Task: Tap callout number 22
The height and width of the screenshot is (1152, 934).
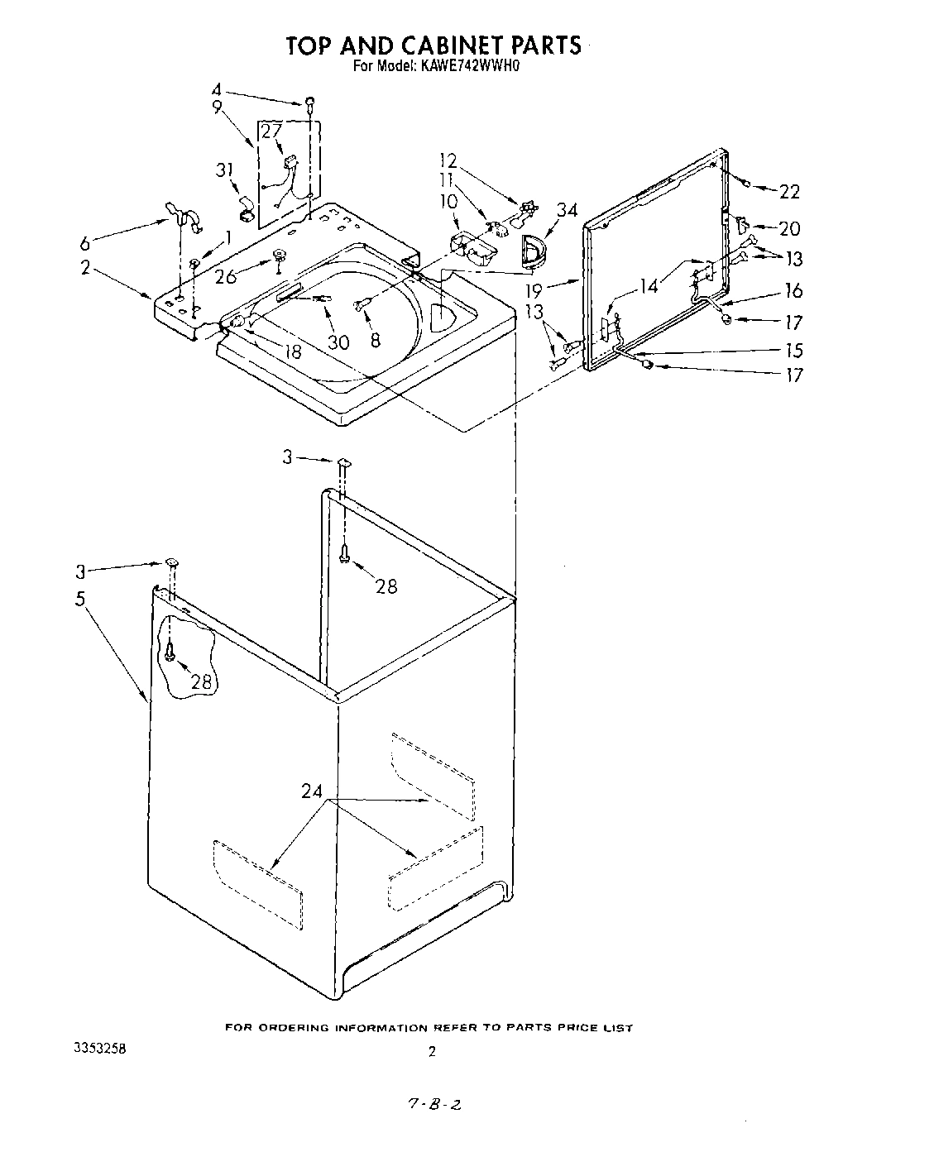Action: pyautogui.click(x=789, y=192)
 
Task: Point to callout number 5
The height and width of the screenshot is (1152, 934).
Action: pyautogui.click(x=80, y=599)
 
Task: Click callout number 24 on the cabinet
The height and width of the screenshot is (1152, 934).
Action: pyautogui.click(x=312, y=791)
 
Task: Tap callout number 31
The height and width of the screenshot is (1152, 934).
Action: pyautogui.click(x=224, y=170)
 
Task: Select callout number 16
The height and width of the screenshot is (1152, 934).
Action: pyautogui.click(x=793, y=291)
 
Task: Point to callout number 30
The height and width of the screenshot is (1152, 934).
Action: pyautogui.click(x=338, y=342)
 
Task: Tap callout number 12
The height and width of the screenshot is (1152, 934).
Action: pyautogui.click(x=448, y=160)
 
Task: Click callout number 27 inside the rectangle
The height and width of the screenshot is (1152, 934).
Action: pyautogui.click(x=271, y=131)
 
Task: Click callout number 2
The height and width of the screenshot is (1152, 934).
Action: pyautogui.click(x=86, y=267)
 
